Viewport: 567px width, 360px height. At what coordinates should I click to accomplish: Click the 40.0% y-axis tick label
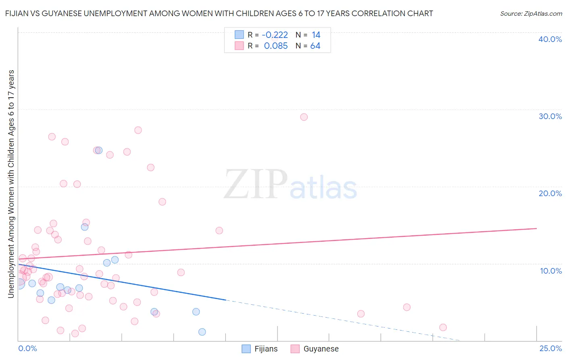coord(550,39)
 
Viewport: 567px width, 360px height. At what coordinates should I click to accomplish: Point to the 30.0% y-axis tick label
coord(550,116)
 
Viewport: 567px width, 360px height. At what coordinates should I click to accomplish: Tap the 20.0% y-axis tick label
coord(550,193)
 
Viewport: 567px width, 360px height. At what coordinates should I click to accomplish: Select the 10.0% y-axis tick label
coord(550,271)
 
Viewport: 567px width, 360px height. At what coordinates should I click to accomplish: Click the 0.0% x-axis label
coord(27,348)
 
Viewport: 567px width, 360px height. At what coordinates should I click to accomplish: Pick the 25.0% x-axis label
coord(550,348)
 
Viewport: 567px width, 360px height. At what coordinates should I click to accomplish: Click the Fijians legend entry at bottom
coord(260,349)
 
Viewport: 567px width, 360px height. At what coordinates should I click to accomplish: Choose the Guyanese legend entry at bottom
coord(315,349)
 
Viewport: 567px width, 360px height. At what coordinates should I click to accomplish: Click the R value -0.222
coord(275,35)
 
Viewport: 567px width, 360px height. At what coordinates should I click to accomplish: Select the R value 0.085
coord(276,46)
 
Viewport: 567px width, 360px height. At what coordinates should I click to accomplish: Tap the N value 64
coord(315,46)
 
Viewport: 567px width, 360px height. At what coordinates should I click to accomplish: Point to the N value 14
coord(316,35)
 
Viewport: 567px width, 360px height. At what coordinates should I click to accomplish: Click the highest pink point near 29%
coord(304,117)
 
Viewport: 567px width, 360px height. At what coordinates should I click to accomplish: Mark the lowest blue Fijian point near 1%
coord(202,332)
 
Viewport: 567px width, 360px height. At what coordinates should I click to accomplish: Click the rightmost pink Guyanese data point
coord(443,327)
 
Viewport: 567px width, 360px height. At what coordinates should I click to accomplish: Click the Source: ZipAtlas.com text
coord(531,14)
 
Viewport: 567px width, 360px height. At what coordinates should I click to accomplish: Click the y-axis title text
coord(11,184)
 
